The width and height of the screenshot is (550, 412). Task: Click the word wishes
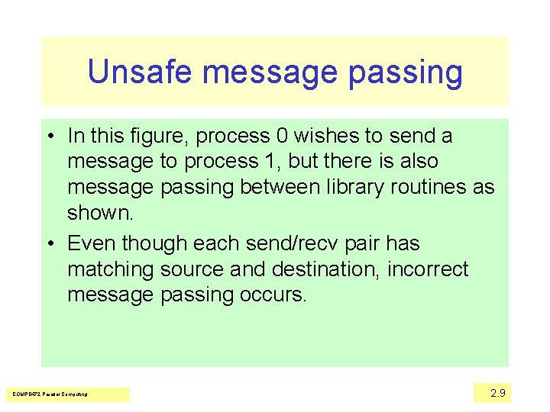point(328,136)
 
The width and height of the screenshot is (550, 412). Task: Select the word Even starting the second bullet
point(92,243)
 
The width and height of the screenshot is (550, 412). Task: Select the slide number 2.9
point(497,393)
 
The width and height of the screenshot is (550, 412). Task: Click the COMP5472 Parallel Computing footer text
point(50,394)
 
